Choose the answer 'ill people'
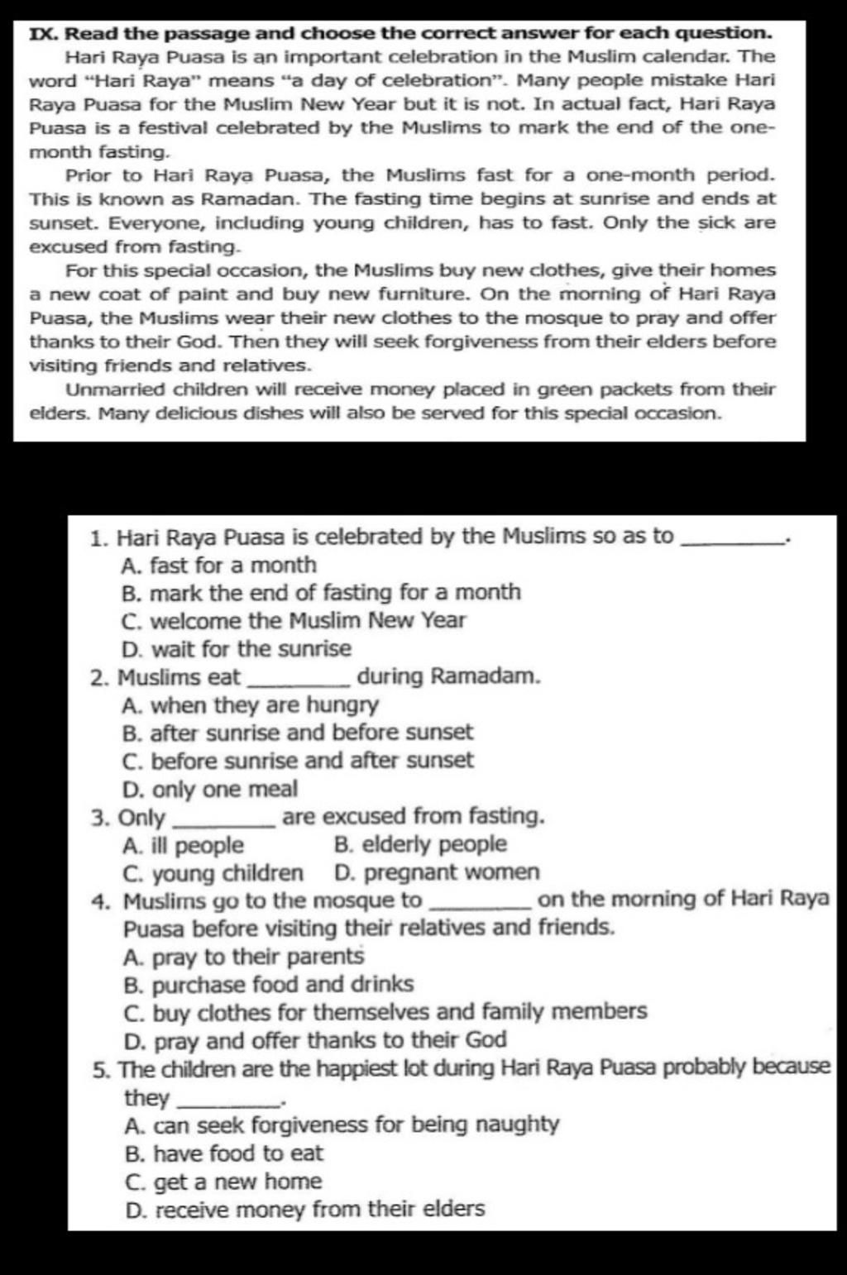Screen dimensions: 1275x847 pos(183,846)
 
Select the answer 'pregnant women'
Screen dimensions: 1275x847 pos(437,873)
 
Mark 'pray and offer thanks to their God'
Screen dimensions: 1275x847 pos(315,1040)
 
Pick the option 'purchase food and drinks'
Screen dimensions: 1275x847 pos(268,985)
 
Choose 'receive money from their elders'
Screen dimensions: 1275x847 pos(304,1211)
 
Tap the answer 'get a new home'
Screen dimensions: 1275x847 pos(223,1182)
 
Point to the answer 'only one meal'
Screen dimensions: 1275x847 pos(210,790)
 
